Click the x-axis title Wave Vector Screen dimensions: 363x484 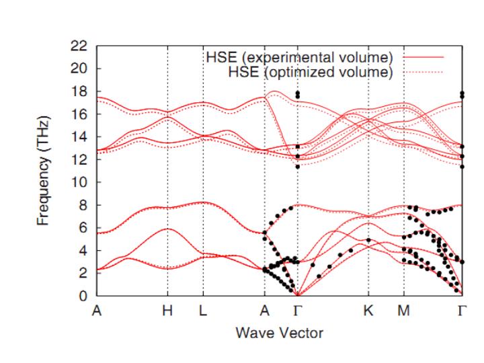click(x=280, y=332)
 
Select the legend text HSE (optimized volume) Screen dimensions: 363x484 click(x=311, y=71)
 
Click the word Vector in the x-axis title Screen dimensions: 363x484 click(x=303, y=332)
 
